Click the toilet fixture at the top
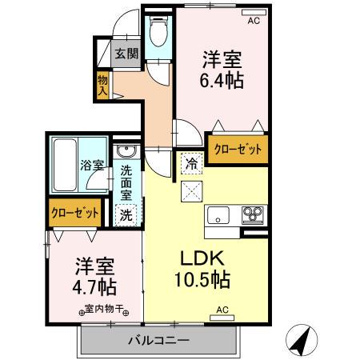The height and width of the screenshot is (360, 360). click(158, 33)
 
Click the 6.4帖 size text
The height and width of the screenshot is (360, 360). click(222, 81)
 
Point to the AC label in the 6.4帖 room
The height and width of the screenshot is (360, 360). click(254, 22)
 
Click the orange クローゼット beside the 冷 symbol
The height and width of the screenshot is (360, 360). click(237, 149)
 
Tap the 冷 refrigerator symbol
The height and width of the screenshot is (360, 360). click(192, 162)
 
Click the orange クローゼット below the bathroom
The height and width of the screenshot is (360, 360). click(75, 213)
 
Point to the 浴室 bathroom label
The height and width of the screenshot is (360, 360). click(90, 166)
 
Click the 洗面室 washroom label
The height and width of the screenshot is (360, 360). click(127, 182)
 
